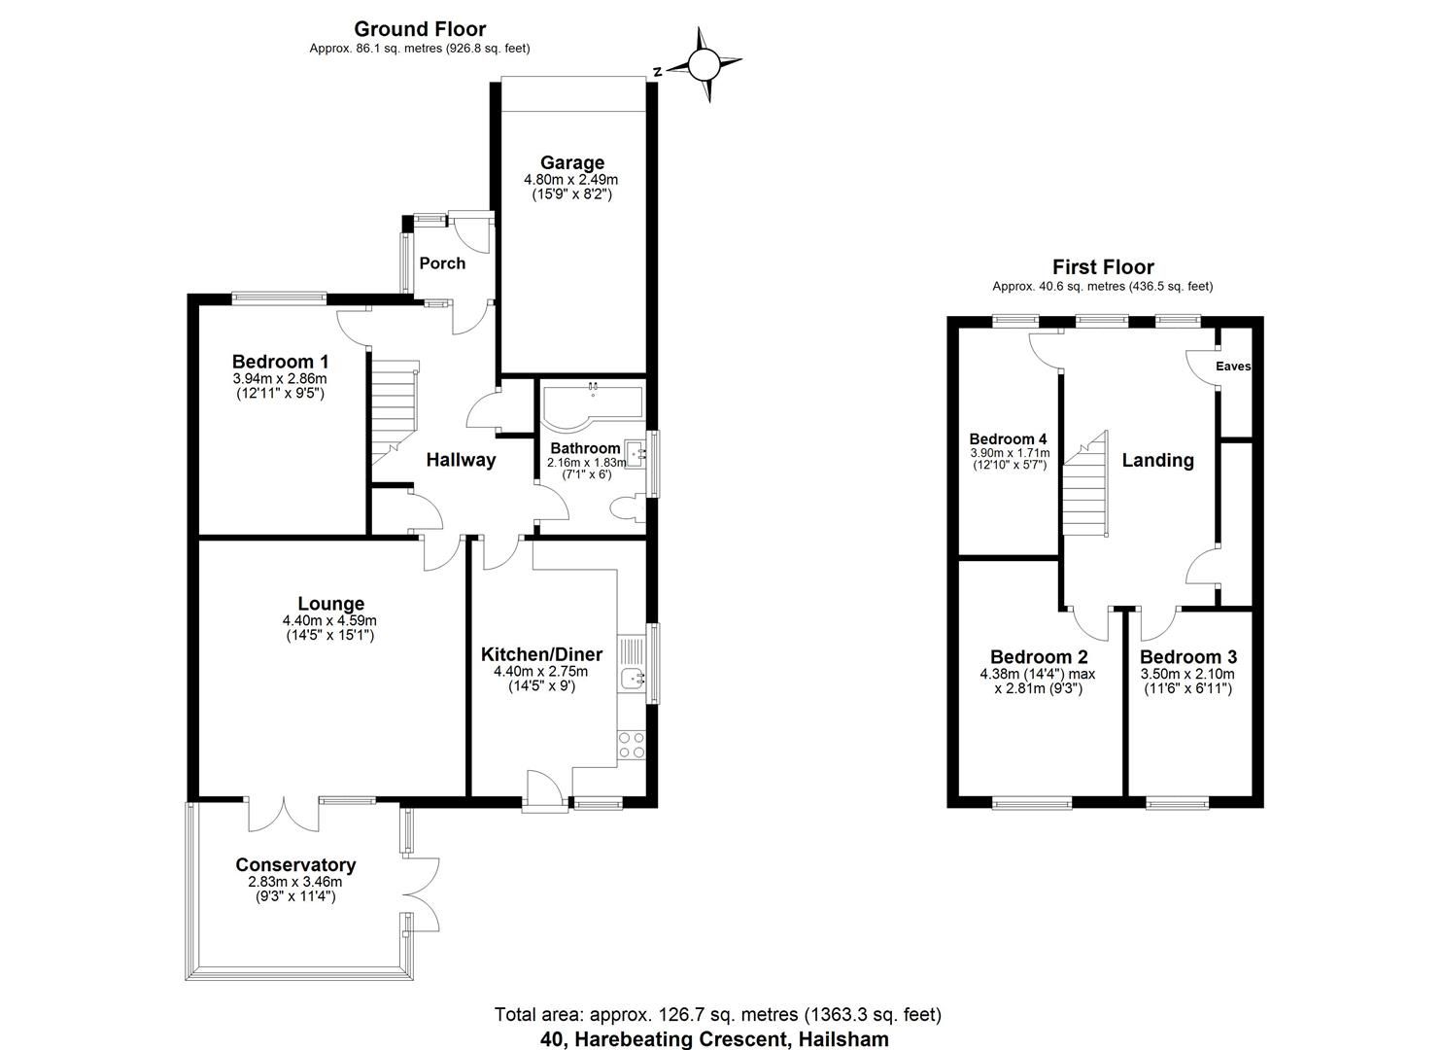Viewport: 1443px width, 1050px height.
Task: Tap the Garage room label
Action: [x=572, y=162]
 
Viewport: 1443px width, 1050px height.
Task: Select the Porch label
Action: [x=442, y=263]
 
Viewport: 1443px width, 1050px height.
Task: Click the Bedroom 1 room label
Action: [x=280, y=362]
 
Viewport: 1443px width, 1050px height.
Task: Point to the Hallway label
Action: [x=462, y=460]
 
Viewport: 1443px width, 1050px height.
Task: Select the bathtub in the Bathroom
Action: [x=591, y=406]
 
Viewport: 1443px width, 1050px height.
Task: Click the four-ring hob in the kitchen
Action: [x=632, y=745]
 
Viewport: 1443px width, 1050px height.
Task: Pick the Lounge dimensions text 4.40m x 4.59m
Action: [x=329, y=620]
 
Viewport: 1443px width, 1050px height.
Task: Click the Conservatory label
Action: [x=295, y=864]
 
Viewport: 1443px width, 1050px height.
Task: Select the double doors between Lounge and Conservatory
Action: [x=283, y=814]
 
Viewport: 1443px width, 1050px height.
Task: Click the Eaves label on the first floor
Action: [x=1233, y=367]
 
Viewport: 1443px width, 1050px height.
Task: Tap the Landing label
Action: [x=1157, y=460]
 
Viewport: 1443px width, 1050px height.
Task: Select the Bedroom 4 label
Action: [x=1008, y=438]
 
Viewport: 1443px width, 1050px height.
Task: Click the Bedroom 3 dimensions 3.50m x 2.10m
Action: [x=1187, y=674]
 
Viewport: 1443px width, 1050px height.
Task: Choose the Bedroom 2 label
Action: [x=1038, y=657]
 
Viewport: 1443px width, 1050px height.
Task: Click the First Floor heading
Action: [x=1103, y=266]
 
